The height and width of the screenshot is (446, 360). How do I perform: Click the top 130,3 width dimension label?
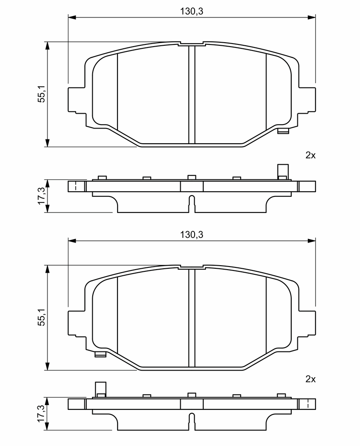tap(192, 11)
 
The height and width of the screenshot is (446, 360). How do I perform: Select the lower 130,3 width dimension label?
tap(192, 235)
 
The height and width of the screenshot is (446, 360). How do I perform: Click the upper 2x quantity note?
tap(310, 155)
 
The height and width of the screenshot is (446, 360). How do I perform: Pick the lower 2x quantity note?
tap(310, 379)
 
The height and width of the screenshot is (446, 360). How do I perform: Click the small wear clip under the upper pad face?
tap(283, 131)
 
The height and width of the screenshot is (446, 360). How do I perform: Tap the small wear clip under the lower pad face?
tap(100, 354)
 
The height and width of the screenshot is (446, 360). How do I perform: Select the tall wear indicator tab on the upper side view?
tap(283, 172)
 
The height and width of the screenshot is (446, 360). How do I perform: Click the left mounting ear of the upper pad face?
tap(77, 100)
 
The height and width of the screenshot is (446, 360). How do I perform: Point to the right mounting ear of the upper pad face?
tap(306, 100)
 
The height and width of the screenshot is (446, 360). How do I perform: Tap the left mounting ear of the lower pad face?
tap(77, 323)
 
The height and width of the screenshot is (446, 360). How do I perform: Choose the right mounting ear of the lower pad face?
tap(306, 323)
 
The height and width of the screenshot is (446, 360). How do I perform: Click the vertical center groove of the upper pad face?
tap(192, 95)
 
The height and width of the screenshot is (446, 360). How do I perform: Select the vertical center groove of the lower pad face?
tap(192, 318)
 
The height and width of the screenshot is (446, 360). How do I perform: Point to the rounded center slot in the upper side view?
tap(192, 204)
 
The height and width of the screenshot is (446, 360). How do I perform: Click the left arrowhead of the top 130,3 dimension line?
tap(72, 17)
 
